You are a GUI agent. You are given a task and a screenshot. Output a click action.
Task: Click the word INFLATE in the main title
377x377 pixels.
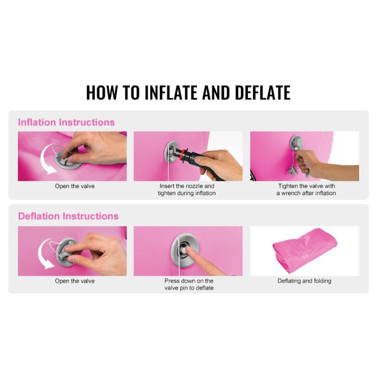point(172,92)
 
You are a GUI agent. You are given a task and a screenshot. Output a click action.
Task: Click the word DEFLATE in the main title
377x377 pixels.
point(262,92)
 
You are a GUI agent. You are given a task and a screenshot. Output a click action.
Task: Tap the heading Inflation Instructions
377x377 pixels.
point(66,123)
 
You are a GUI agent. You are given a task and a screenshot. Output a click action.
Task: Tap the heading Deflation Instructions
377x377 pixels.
point(68,216)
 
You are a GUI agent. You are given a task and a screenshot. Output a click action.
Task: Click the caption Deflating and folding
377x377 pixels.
point(304,281)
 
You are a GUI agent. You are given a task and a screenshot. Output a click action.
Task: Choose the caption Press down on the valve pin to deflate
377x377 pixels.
point(189,284)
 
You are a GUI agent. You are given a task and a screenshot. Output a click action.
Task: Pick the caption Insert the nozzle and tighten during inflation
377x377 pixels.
point(187,189)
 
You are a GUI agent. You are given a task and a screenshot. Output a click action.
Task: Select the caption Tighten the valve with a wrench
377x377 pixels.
point(306,189)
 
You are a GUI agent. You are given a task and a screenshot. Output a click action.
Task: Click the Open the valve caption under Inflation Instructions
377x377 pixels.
point(75,186)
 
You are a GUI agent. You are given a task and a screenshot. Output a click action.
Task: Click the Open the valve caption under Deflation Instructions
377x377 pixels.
point(75,281)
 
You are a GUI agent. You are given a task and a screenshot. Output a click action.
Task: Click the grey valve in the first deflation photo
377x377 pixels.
point(65,253)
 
